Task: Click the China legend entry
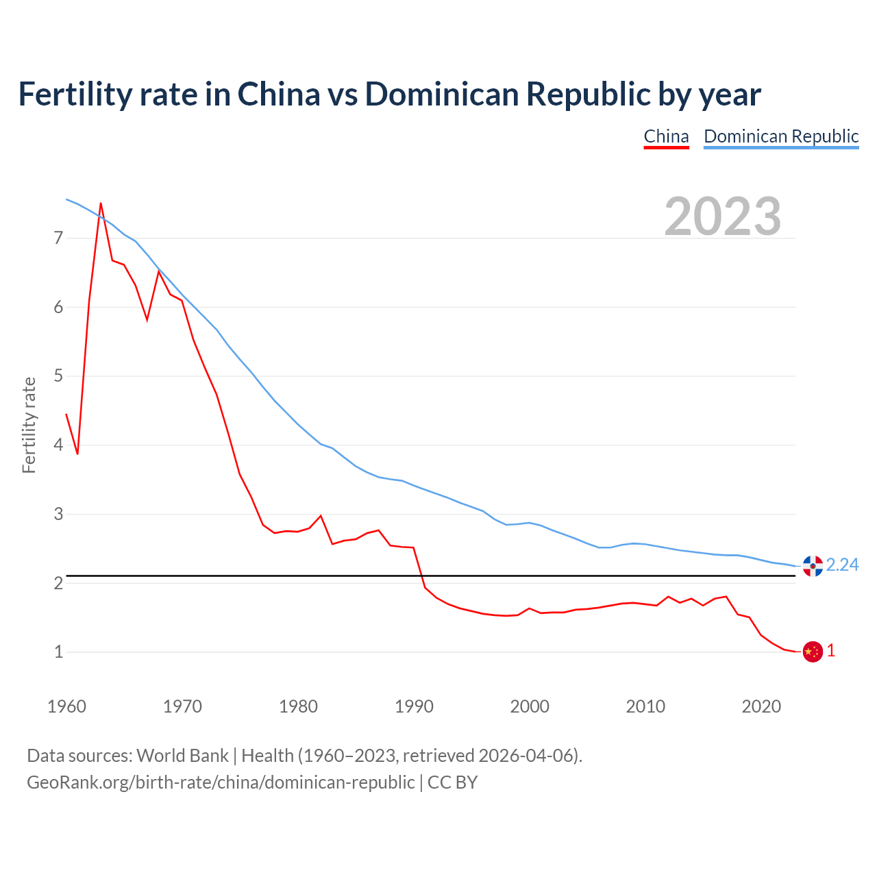click(666, 136)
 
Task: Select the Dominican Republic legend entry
click(781, 136)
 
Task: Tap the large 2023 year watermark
click(723, 217)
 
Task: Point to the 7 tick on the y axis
click(58, 238)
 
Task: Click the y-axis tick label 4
click(58, 445)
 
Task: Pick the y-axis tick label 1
click(58, 652)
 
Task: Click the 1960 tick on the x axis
click(66, 706)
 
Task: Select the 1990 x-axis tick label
click(414, 706)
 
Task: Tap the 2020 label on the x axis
click(761, 706)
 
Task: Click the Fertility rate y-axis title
click(29, 425)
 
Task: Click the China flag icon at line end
click(813, 652)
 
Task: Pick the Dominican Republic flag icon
click(813, 566)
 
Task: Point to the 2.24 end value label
click(842, 565)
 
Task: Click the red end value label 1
click(831, 651)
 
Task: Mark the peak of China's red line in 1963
click(101, 203)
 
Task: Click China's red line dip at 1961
click(77, 454)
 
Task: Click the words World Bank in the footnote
click(182, 756)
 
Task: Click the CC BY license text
click(452, 782)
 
